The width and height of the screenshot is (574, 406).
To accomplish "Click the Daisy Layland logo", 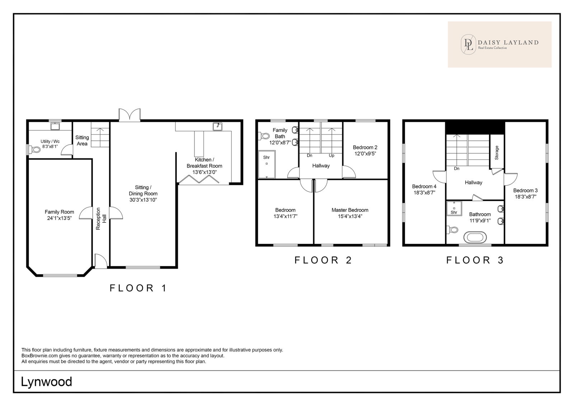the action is tap(499, 45).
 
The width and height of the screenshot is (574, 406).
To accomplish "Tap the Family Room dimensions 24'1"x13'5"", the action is tap(59, 218).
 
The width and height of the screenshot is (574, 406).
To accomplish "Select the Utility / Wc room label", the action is tap(50, 141).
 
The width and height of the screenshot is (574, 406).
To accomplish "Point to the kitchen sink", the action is tap(217, 126).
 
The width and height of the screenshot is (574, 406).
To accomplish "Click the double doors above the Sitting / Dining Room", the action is tap(130, 115).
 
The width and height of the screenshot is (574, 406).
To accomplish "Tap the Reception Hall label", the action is tap(101, 219).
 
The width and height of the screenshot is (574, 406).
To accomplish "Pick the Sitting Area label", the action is tap(82, 141).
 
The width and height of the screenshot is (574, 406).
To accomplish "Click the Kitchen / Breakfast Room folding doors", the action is tap(199, 179).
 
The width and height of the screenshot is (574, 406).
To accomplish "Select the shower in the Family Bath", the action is tap(267, 164).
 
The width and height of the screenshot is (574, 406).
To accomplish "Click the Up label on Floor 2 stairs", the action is tap(331, 155).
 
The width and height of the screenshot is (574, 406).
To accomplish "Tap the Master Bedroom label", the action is tap(350, 210).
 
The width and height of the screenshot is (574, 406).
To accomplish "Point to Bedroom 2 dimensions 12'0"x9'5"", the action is tap(365, 154).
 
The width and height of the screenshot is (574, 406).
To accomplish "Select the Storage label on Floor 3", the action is tap(497, 153).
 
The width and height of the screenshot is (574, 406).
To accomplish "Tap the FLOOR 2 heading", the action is tap(323, 260).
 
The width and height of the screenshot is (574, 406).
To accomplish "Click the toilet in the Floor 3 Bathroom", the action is tap(452, 229).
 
